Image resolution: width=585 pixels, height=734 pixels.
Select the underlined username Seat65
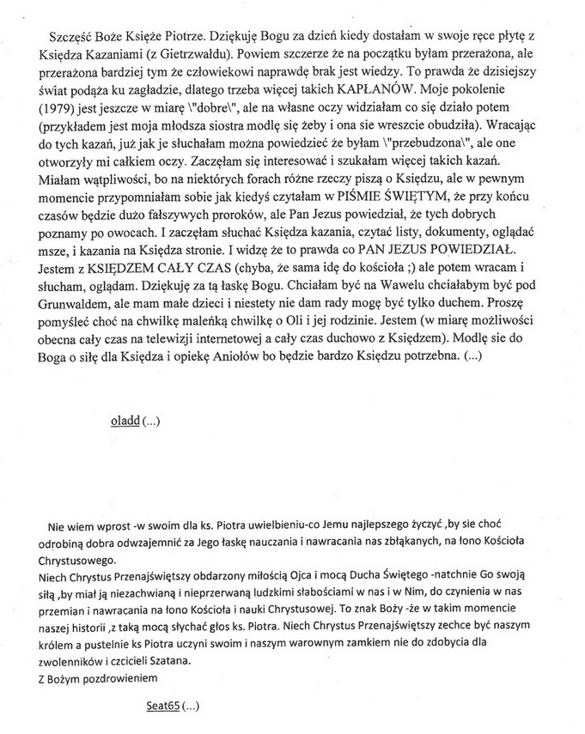click(162, 707)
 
